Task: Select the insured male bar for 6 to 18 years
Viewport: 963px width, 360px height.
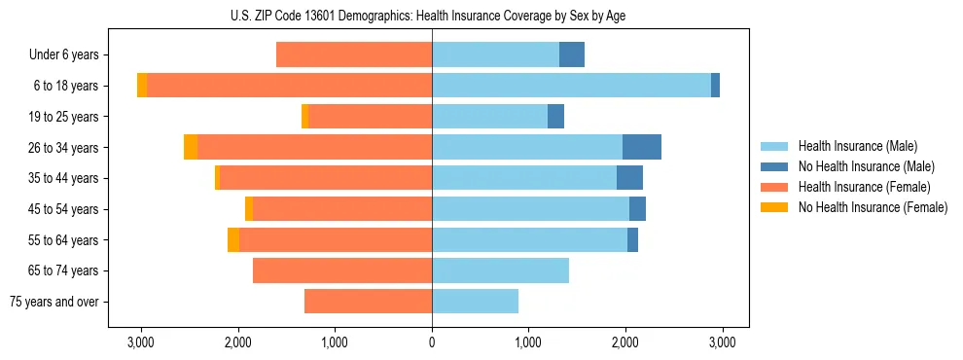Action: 571,86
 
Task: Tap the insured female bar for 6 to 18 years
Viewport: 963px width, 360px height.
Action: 289,86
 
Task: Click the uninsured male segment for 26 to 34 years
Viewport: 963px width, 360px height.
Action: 642,147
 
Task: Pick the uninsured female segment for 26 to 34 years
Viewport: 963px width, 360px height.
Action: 191,147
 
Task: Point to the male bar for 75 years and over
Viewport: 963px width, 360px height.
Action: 475,302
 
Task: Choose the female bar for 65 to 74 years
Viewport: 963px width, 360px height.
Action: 342,270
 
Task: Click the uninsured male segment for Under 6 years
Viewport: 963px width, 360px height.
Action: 572,54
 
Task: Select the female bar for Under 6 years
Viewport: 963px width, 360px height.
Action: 354,54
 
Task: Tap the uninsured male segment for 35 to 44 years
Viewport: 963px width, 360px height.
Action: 629,178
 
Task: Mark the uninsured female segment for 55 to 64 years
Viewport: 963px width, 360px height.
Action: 233,239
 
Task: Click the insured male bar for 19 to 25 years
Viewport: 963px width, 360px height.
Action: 489,117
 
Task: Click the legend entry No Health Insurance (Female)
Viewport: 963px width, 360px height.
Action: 872,207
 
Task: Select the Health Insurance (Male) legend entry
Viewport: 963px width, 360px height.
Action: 857,146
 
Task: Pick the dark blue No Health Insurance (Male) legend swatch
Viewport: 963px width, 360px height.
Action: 774,166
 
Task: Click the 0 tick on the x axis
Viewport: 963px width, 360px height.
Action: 432,342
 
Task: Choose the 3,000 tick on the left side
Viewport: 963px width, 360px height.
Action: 142,342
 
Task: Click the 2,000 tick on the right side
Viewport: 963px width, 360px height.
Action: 624,342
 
